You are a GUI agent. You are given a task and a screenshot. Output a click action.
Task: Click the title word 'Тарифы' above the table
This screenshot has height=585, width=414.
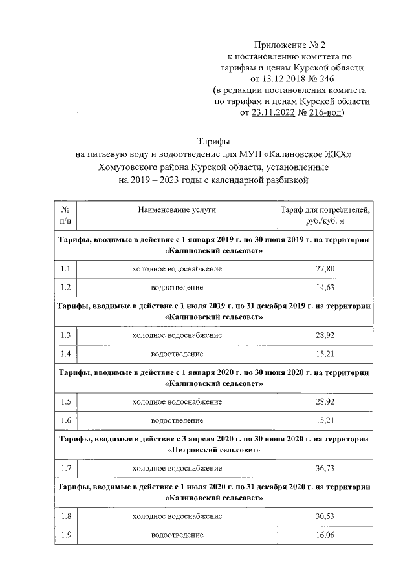(213, 141)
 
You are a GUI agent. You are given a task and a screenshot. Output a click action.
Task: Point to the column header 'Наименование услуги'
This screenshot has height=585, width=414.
(177, 209)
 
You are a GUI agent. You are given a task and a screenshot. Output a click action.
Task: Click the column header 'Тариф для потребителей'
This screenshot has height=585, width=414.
(324, 209)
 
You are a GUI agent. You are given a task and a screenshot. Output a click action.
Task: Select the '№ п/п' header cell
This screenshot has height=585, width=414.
(65, 215)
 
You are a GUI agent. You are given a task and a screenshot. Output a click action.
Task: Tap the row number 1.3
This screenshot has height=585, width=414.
(65, 335)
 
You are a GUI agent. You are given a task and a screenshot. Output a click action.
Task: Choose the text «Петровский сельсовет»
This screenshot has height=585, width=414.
(214, 449)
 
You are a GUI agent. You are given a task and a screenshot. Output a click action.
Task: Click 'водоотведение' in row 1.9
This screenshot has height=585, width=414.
(177, 535)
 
